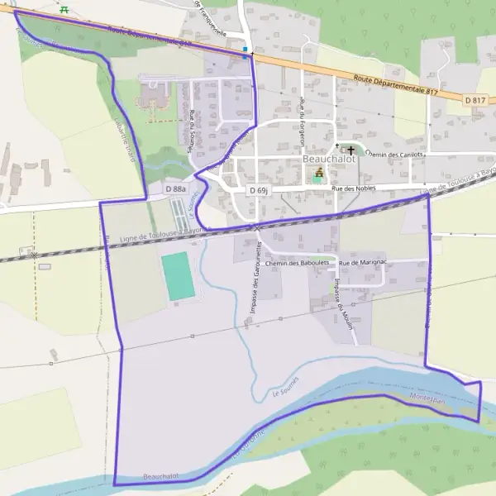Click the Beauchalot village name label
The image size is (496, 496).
(329, 159)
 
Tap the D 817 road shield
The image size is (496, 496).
(475, 100)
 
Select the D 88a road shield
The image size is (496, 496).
(174, 189)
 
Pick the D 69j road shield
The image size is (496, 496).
(258, 190)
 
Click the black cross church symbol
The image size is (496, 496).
(351, 150)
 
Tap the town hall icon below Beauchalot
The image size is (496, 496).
(319, 173)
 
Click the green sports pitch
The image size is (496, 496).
(178, 277)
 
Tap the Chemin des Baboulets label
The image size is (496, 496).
(297, 263)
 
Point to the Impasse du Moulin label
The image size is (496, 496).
(344, 303)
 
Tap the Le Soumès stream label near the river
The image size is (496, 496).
(285, 388)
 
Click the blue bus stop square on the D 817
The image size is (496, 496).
(246, 50)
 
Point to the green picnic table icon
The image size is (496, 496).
(64, 9)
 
